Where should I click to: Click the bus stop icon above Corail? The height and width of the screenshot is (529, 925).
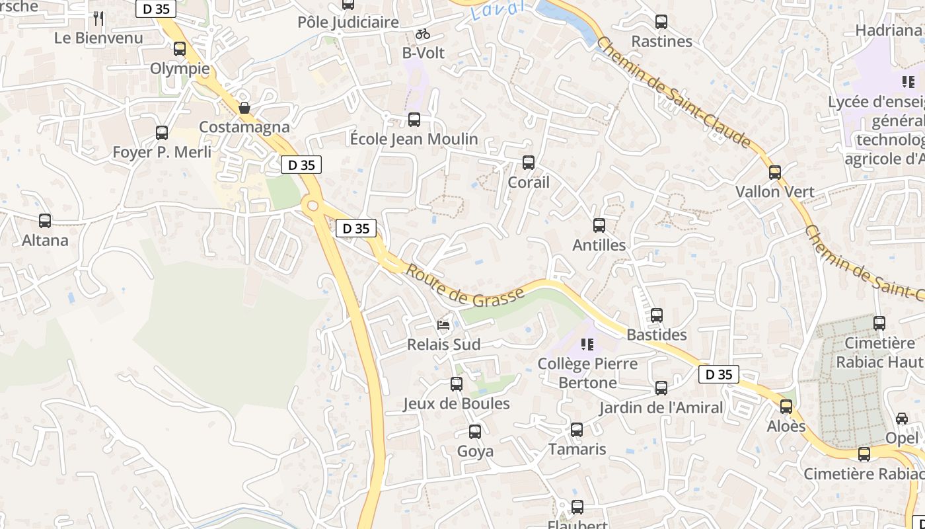tap(528, 163)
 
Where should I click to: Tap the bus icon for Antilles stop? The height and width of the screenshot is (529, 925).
tap(599, 225)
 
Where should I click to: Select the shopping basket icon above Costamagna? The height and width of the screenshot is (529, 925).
tap(244, 107)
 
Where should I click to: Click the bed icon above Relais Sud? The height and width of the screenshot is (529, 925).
tap(444, 325)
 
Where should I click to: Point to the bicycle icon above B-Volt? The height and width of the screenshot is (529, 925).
tap(423, 34)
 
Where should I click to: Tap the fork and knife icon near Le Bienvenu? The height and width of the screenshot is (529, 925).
tap(98, 18)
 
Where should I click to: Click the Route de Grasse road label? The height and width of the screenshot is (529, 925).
tap(465, 286)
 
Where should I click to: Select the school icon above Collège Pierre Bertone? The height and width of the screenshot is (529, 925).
tap(587, 344)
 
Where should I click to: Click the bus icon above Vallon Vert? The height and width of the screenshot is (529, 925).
tap(775, 173)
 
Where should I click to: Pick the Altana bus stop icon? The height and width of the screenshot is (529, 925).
tap(45, 221)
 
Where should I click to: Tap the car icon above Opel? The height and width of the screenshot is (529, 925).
tap(902, 419)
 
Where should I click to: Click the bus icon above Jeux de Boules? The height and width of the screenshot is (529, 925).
tap(456, 384)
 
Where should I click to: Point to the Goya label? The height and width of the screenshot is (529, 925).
tap(475, 452)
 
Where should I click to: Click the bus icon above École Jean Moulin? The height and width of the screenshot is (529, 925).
tap(414, 120)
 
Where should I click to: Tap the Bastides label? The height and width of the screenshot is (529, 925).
tap(656, 335)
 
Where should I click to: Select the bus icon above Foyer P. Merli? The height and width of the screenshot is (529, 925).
tap(162, 133)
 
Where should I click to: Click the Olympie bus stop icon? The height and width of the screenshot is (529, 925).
tap(180, 49)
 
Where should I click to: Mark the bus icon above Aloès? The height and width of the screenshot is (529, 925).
tap(786, 407)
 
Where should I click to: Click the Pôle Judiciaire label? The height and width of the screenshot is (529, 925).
tap(348, 22)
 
